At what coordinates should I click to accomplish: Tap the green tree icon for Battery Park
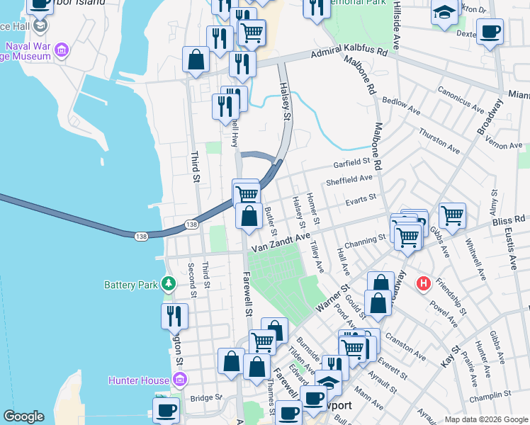pyautogui.click(x=168, y=285)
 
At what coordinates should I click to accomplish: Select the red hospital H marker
pyautogui.click(x=424, y=283)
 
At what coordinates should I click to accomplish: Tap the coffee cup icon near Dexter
pyautogui.click(x=489, y=32)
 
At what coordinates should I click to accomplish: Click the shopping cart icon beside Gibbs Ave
pyautogui.click(x=452, y=214)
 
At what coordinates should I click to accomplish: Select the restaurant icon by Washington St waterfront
pyautogui.click(x=174, y=316)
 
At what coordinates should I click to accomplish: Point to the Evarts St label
pyautogui.click(x=359, y=200)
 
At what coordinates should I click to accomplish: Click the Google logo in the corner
pyautogui.click(x=23, y=416)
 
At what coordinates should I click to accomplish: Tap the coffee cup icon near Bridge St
pyautogui.click(x=167, y=409)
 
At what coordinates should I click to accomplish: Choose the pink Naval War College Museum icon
pyautogui.click(x=62, y=50)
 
